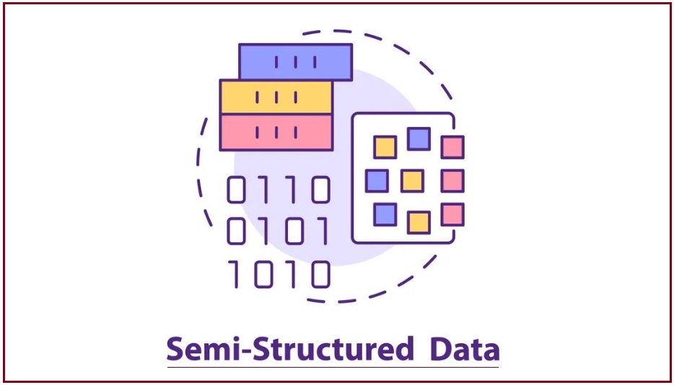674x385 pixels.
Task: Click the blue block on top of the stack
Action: click(x=295, y=61)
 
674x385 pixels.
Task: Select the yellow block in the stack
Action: click(x=276, y=97)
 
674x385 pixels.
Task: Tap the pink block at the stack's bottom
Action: click(x=276, y=132)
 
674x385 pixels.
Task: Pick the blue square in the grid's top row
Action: click(x=419, y=138)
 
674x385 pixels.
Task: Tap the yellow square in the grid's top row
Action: click(x=385, y=147)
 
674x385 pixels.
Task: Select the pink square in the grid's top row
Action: click(x=452, y=147)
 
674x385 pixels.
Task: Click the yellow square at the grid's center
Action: click(x=412, y=180)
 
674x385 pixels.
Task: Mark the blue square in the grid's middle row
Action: click(x=377, y=180)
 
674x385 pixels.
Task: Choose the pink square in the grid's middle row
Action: click(x=452, y=180)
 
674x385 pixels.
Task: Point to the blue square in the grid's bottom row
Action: click(x=385, y=213)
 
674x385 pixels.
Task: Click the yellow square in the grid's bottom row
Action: click(x=419, y=222)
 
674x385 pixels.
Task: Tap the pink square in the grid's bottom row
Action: click(x=452, y=214)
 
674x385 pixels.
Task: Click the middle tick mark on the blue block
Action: click(x=296, y=62)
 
